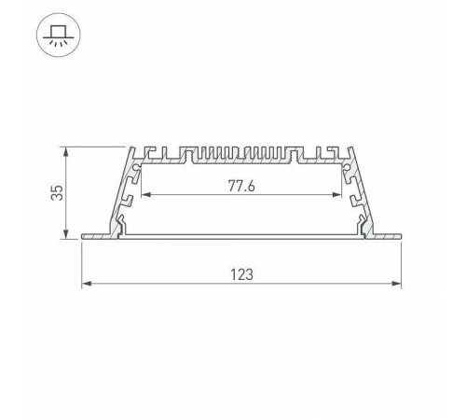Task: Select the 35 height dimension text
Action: click(57, 192)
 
